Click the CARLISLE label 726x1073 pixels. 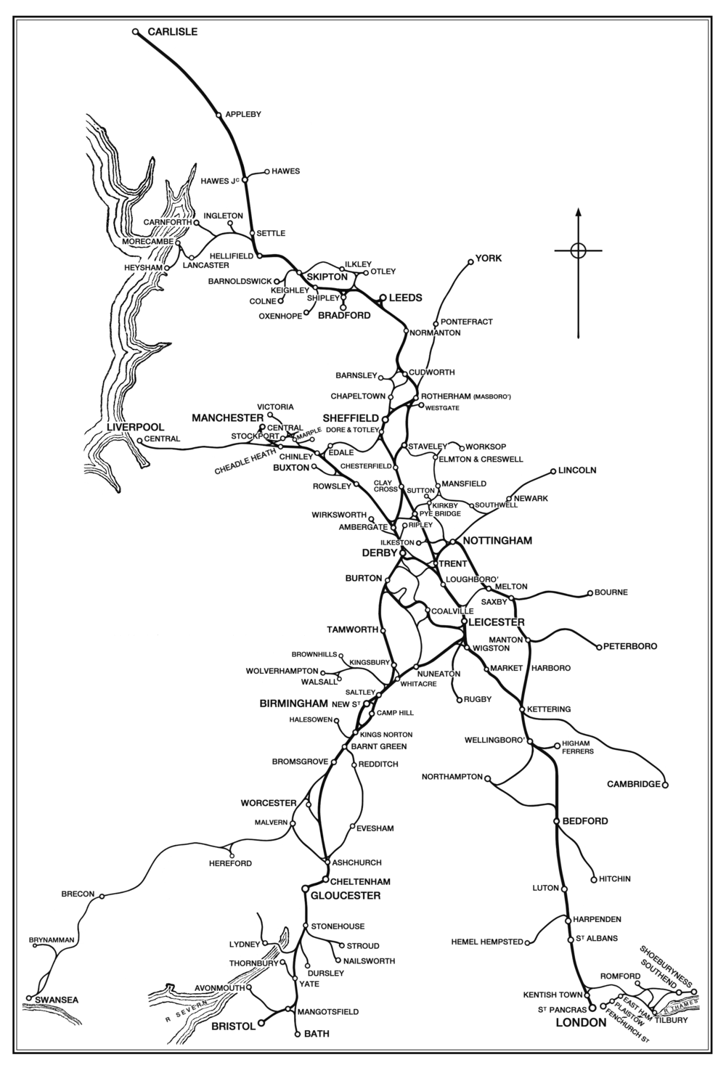click(x=172, y=32)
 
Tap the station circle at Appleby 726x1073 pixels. click(x=219, y=115)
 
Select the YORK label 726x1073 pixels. click(x=488, y=258)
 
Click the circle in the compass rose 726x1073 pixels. click(x=578, y=250)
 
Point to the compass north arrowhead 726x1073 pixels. click(x=578, y=213)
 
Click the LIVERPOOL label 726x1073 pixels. click(x=136, y=427)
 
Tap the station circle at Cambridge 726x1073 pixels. click(x=665, y=784)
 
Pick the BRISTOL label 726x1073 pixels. click(x=233, y=1027)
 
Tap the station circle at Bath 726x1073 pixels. click(x=298, y=1033)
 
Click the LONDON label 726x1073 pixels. click(x=580, y=1023)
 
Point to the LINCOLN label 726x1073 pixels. click(x=577, y=470)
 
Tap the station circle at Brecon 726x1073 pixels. click(x=102, y=896)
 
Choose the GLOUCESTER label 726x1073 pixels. click(x=345, y=896)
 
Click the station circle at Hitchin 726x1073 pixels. click(x=594, y=878)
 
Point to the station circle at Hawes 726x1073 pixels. click(x=266, y=171)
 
